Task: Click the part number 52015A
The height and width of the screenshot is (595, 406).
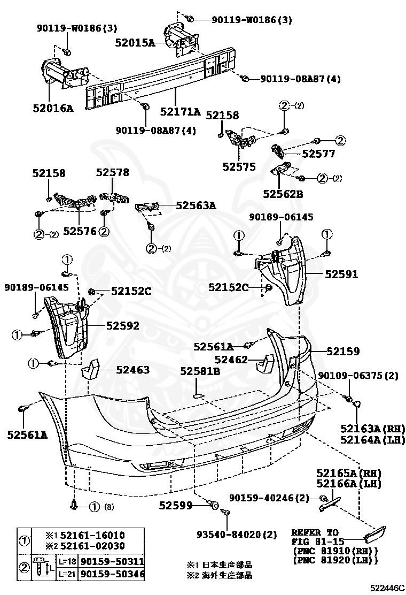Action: (135, 43)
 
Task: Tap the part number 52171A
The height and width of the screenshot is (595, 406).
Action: (181, 112)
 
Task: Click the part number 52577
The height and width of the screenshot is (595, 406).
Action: (318, 154)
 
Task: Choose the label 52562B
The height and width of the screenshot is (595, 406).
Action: (283, 194)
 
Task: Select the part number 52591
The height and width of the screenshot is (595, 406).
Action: (342, 274)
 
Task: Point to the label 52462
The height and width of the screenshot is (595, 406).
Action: (231, 360)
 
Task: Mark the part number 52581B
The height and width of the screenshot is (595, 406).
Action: (200, 370)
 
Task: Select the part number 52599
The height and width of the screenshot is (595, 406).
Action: (176, 505)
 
